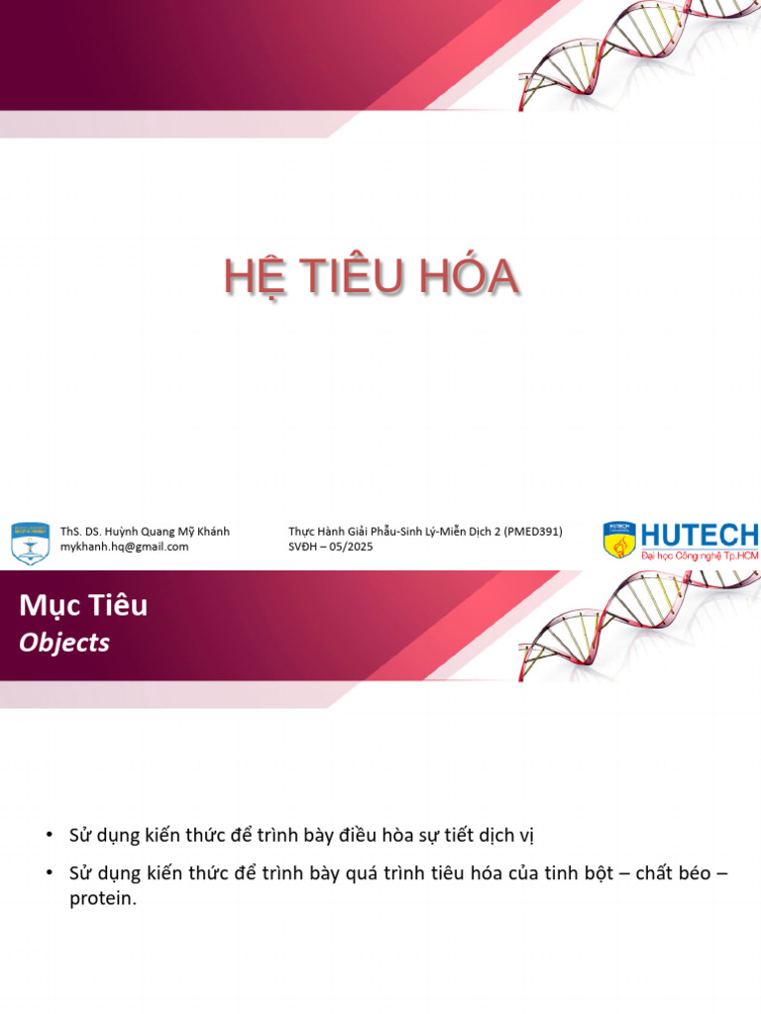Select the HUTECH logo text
point(699,536)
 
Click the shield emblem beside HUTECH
point(619,541)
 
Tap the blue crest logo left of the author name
point(30,543)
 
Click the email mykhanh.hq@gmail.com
point(124,547)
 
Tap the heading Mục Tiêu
point(83,605)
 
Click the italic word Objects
point(64,643)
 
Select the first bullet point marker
point(50,835)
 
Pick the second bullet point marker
point(50,872)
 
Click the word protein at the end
point(101,899)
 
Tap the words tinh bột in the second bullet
point(580,873)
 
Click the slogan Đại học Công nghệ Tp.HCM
point(699,557)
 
